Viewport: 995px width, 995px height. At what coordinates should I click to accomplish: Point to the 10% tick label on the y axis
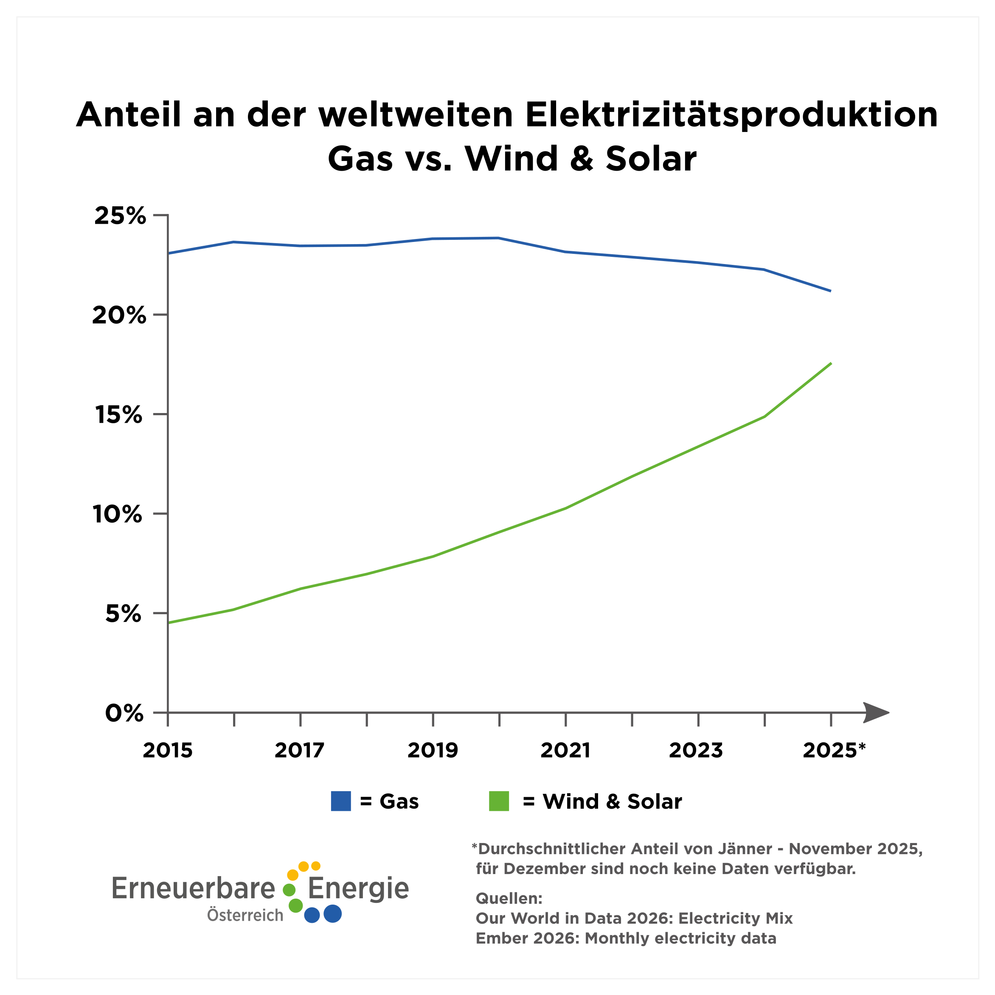(x=118, y=514)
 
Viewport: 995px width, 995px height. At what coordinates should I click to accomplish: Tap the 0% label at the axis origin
(x=124, y=713)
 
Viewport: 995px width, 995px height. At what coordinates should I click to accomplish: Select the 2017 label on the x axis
(x=299, y=750)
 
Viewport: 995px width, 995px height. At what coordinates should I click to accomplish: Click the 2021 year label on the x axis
(x=565, y=750)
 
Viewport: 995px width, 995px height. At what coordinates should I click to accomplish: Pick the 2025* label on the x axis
(x=834, y=750)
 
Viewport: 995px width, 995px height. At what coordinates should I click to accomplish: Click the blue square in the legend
(x=341, y=801)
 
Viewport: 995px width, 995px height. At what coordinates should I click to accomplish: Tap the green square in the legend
(x=498, y=801)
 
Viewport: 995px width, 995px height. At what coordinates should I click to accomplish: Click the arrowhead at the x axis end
(x=877, y=713)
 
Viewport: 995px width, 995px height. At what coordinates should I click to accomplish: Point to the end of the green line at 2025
(x=831, y=364)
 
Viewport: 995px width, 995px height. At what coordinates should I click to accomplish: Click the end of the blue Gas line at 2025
(x=830, y=291)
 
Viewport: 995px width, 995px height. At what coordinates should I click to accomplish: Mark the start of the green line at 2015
(x=169, y=623)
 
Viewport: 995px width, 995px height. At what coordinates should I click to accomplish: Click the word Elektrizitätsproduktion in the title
(x=731, y=115)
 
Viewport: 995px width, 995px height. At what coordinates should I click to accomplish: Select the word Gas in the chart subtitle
(x=360, y=159)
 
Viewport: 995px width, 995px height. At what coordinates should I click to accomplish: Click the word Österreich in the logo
(x=245, y=915)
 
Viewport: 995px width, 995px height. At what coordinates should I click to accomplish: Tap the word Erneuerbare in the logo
(x=193, y=888)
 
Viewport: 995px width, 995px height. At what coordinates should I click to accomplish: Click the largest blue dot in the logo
(x=333, y=913)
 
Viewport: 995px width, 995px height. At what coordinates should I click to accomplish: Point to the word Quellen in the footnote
(x=508, y=899)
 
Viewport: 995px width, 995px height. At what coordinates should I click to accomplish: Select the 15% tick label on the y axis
(x=118, y=415)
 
